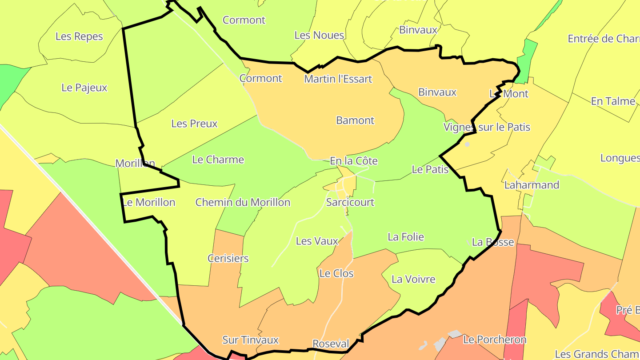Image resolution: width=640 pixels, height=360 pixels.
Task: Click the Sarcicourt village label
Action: [350, 202]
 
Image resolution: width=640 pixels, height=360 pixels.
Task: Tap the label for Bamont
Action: [355, 120]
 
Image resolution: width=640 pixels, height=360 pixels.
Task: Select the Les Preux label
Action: [194, 124]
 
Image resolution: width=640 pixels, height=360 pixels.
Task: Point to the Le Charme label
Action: [218, 160]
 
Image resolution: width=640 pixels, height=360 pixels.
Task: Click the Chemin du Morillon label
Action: [243, 203]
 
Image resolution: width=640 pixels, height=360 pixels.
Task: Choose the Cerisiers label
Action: [228, 258]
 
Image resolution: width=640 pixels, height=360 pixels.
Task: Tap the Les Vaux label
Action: [317, 241]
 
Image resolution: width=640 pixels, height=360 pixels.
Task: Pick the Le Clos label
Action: [336, 273]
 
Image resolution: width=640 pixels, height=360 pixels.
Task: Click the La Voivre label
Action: [413, 279]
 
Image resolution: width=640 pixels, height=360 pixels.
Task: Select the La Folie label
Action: [406, 237]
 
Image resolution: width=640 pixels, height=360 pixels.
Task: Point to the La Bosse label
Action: [493, 242]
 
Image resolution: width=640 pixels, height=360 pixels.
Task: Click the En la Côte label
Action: [354, 161]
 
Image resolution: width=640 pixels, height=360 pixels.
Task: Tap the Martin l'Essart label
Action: [338, 79]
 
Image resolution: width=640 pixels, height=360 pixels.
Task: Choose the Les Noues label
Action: [319, 35]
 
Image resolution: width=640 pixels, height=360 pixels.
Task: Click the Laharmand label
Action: [532, 185]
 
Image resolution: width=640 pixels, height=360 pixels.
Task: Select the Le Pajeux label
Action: [84, 88]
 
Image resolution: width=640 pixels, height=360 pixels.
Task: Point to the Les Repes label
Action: [79, 36]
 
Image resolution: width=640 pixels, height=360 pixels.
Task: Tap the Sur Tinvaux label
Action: [250, 340]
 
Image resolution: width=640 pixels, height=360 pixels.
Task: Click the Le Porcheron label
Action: [495, 340]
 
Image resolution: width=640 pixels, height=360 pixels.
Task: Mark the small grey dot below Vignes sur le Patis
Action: [467, 144]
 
